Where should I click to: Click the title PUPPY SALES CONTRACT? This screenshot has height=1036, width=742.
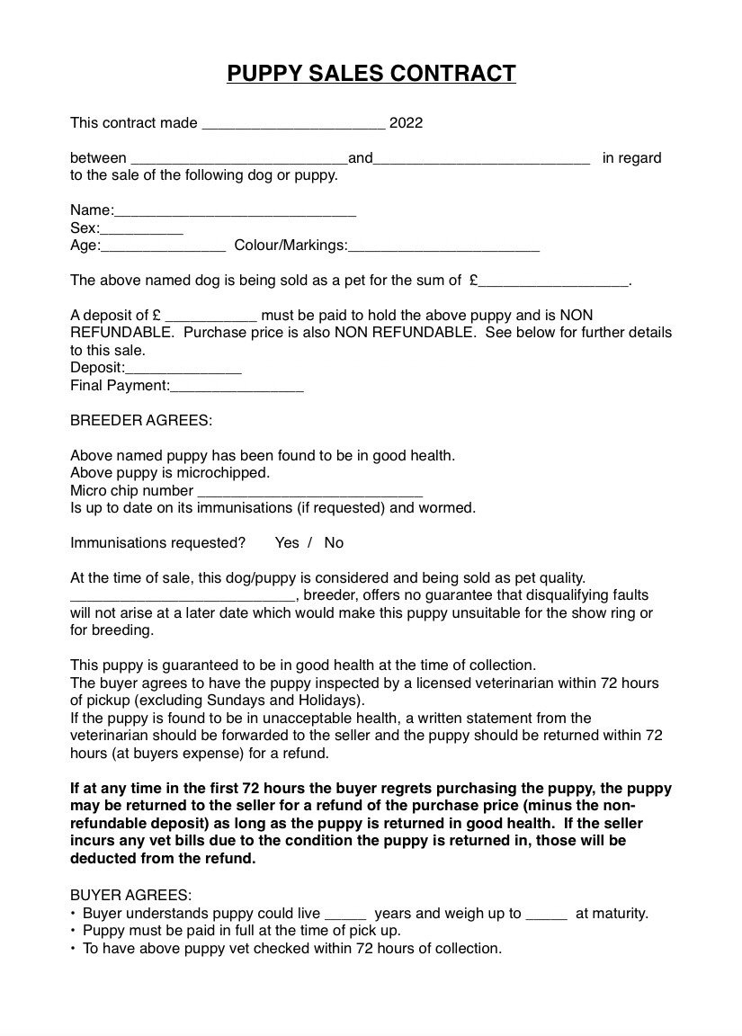371,74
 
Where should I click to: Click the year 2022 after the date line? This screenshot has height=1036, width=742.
406,123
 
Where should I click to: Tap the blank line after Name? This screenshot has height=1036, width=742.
235,212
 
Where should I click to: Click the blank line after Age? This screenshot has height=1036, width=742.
163,246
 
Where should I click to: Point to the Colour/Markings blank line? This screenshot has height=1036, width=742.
443,246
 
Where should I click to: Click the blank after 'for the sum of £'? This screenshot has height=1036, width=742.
553,281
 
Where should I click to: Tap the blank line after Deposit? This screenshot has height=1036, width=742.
183,369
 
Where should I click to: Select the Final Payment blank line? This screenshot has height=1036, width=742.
237,387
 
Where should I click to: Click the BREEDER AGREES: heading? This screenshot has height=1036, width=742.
141,421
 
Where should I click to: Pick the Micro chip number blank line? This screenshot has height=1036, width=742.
309,492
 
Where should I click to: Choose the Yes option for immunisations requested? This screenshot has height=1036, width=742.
287,543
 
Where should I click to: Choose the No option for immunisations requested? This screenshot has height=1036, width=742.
334,543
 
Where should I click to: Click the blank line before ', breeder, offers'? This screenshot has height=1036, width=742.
183,596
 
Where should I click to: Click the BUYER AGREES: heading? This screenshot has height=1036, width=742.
130,896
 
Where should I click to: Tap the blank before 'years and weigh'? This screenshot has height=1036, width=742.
345,915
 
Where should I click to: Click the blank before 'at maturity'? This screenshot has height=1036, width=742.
546,915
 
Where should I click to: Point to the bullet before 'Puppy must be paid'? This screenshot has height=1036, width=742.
73,932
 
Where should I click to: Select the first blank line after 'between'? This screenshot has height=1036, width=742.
238,160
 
